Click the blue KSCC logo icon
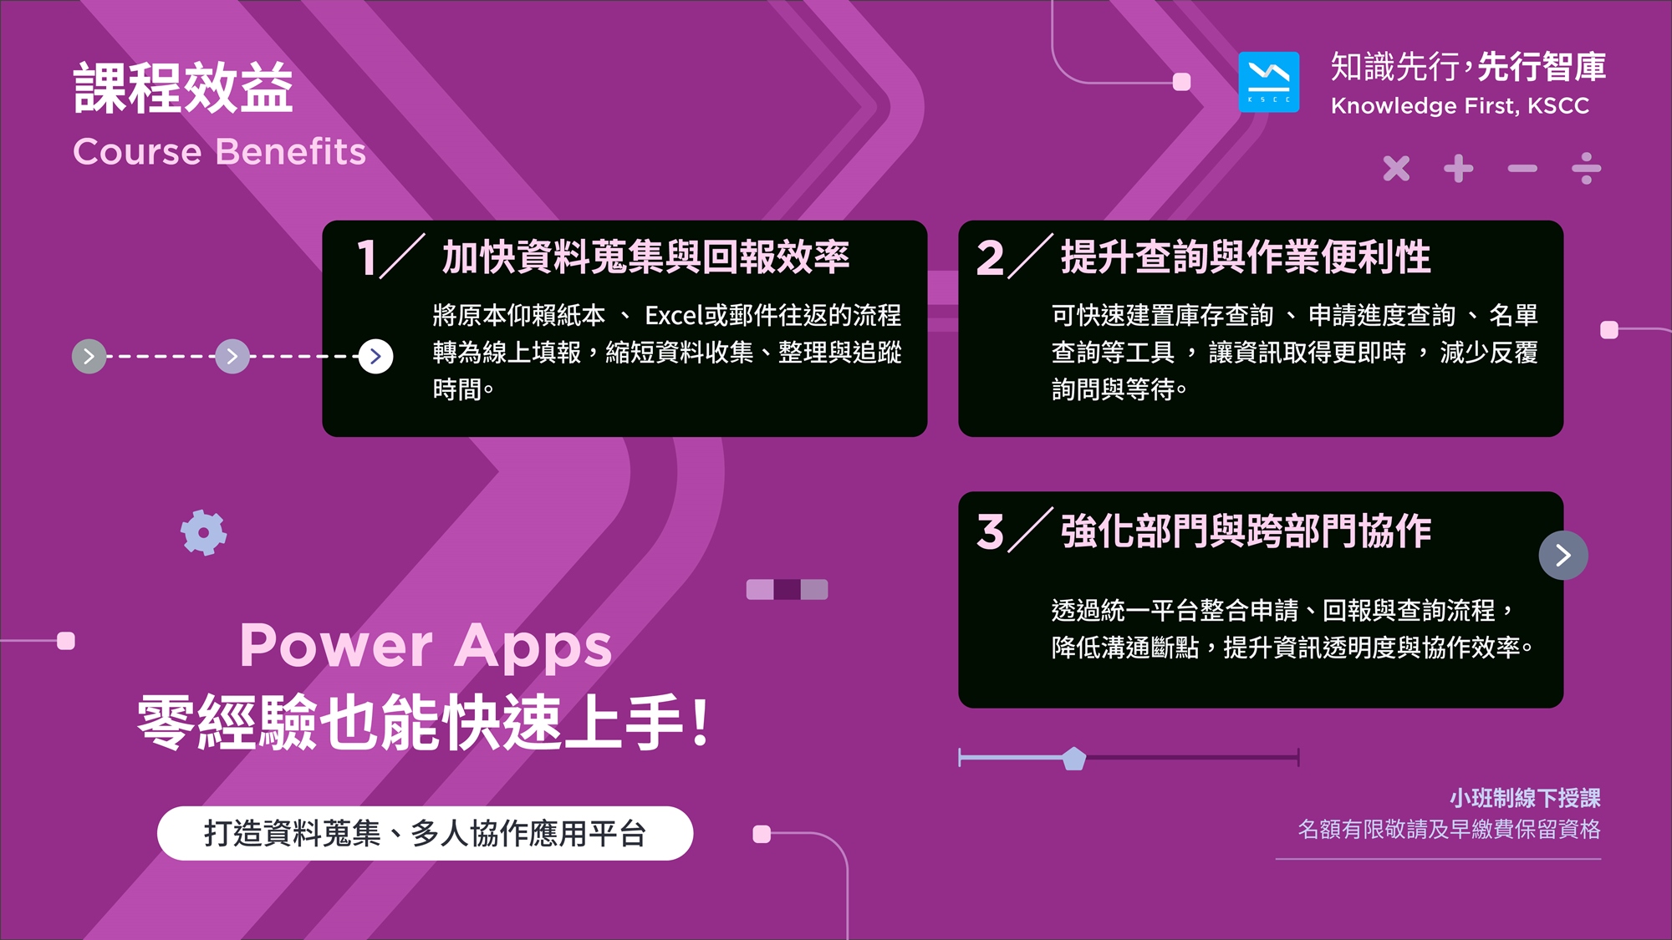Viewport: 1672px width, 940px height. pyautogui.click(x=1268, y=82)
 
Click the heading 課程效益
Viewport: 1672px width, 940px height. pyautogui.click(x=183, y=88)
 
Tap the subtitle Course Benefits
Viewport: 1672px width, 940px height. pyautogui.click(x=220, y=152)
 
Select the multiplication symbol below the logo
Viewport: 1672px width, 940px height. pyautogui.click(x=1396, y=168)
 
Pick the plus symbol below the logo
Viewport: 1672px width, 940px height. pyautogui.click(x=1459, y=168)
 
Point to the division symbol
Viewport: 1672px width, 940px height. pyautogui.click(x=1586, y=168)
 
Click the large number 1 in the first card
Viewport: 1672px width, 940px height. pyautogui.click(x=366, y=257)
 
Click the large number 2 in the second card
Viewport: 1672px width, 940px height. pyautogui.click(x=990, y=257)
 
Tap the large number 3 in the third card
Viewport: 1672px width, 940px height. pyautogui.click(x=990, y=531)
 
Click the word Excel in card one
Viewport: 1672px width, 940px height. pyautogui.click(x=674, y=315)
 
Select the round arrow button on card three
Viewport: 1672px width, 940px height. pyautogui.click(x=1563, y=555)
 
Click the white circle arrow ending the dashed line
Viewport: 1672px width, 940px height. pyautogui.click(x=375, y=357)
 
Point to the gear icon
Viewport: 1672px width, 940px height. pyautogui.click(x=204, y=532)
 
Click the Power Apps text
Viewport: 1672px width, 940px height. pyautogui.click(x=426, y=646)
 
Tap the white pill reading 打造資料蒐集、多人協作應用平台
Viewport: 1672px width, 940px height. pyautogui.click(x=425, y=833)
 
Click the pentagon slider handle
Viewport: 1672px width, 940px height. pyautogui.click(x=1073, y=759)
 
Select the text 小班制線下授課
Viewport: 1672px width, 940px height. pyautogui.click(x=1525, y=798)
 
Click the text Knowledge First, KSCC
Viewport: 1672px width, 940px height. pyautogui.click(x=1460, y=106)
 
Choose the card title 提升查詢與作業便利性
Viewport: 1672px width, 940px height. pyautogui.click(x=1246, y=257)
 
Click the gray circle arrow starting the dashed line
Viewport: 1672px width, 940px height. pyautogui.click(x=89, y=357)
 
